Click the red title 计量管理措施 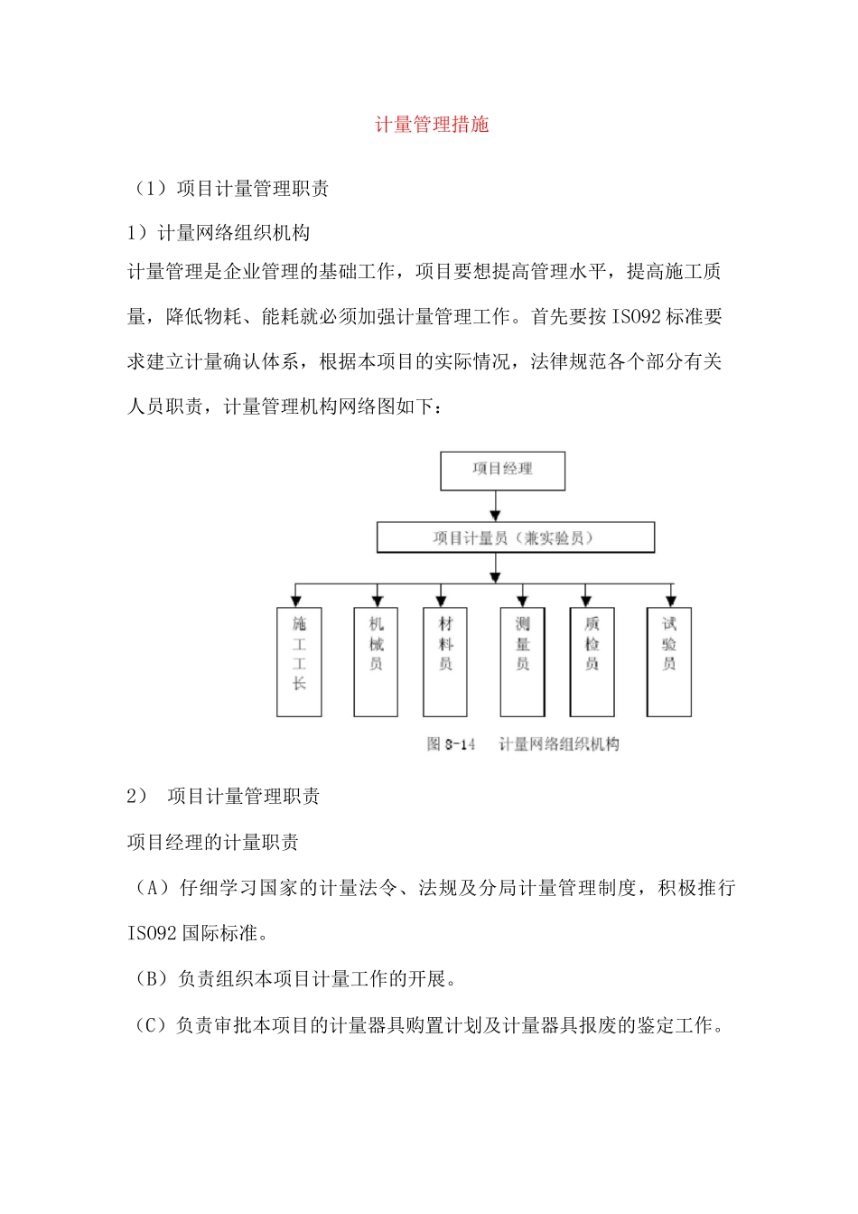tap(432, 125)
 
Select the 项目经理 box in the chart tap(502, 470)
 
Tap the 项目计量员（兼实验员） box tap(515, 537)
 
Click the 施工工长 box tap(299, 661)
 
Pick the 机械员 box tap(376, 661)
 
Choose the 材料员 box tap(445, 661)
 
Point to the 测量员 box tap(522, 661)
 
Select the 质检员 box tap(592, 661)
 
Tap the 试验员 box tap(669, 661)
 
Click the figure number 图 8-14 tap(451, 744)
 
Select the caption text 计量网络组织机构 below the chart tap(559, 744)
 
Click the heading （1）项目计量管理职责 tap(228, 188)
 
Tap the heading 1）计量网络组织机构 tap(219, 233)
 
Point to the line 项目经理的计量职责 tap(213, 842)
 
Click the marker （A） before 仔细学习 tap(151, 888)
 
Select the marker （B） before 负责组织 tap(151, 978)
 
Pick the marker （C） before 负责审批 tap(151, 1025)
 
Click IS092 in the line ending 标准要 tap(637, 316)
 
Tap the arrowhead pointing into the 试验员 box tap(670, 600)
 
